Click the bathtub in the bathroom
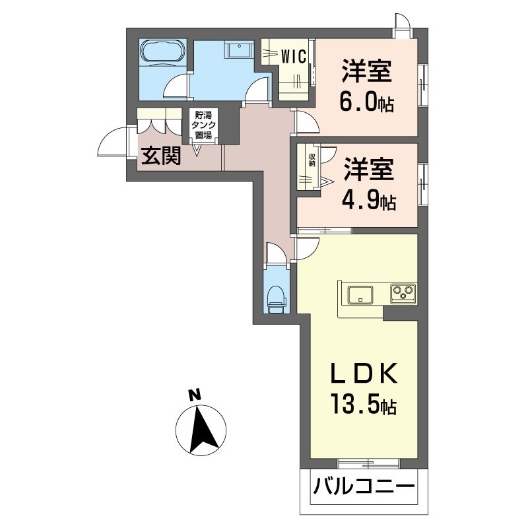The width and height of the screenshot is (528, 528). (162, 53)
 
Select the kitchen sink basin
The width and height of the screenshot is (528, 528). (360, 294)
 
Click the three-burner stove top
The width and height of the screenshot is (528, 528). (403, 294)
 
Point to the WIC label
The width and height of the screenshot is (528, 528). (294, 56)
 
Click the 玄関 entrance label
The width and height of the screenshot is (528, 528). (161, 156)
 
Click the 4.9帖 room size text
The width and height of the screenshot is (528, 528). (369, 201)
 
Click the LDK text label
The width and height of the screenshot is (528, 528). (364, 374)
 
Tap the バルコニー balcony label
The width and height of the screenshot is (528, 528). (364, 486)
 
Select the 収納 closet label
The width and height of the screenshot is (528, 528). (312, 160)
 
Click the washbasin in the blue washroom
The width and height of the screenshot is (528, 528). (240, 50)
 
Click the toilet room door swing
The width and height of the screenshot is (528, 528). (277, 252)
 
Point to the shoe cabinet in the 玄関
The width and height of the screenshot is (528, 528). (159, 121)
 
